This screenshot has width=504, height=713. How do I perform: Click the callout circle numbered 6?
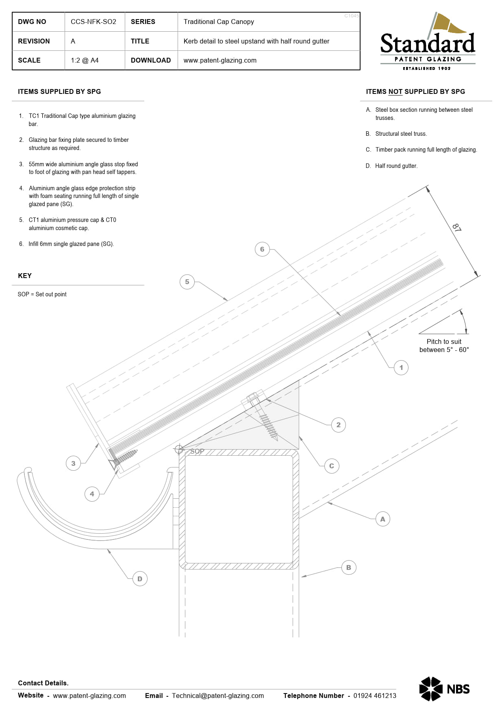pyautogui.click(x=262, y=249)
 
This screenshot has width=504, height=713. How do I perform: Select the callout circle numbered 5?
pyautogui.click(x=187, y=282)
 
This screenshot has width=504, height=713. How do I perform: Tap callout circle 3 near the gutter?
pyautogui.click(x=73, y=463)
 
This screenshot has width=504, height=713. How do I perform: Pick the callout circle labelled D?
pyautogui.click(x=140, y=579)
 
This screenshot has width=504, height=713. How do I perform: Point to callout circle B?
pyautogui.click(x=349, y=567)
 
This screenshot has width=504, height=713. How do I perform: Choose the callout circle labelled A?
pyautogui.click(x=382, y=519)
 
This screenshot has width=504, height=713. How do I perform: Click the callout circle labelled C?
pyautogui.click(x=332, y=466)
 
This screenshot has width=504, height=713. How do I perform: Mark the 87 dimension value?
pyautogui.click(x=457, y=228)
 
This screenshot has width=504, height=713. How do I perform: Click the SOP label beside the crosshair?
pyautogui.click(x=197, y=451)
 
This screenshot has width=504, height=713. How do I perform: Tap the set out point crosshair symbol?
pyautogui.click(x=179, y=449)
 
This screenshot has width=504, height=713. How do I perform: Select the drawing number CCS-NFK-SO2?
pyautogui.click(x=93, y=22)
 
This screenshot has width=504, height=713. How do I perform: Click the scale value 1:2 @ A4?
pyautogui.click(x=85, y=60)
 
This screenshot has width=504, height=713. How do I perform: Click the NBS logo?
pyautogui.click(x=444, y=689)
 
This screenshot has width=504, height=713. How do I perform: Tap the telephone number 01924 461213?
pyautogui.click(x=375, y=696)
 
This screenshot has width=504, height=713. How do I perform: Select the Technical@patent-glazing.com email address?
pyautogui.click(x=218, y=696)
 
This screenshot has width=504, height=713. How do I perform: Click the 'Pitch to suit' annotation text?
pyautogui.click(x=444, y=341)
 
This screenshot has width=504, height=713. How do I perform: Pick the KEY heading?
pyautogui.click(x=25, y=276)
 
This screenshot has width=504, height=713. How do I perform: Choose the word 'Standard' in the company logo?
pyautogui.click(x=428, y=43)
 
